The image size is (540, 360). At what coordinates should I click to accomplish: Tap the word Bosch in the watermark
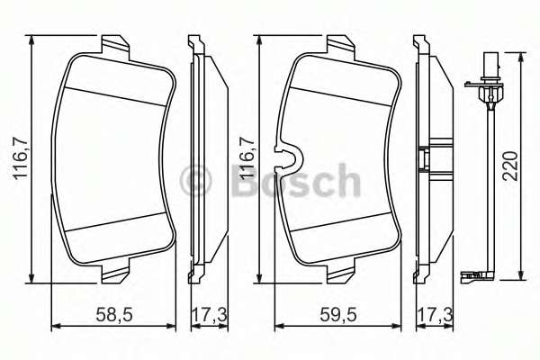295,180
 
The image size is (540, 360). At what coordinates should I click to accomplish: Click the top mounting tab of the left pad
113,44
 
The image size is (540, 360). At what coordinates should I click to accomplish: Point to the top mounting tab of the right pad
339,44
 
